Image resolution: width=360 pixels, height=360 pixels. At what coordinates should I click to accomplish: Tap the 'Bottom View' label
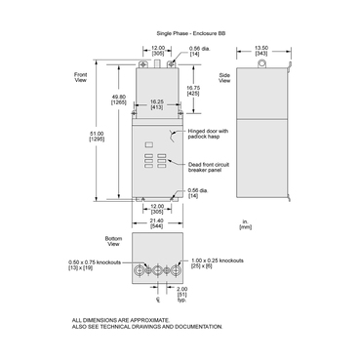[113, 238]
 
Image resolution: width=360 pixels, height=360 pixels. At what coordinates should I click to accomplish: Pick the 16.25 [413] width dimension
[155, 102]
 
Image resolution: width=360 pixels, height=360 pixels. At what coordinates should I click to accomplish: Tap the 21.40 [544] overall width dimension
[156, 223]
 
